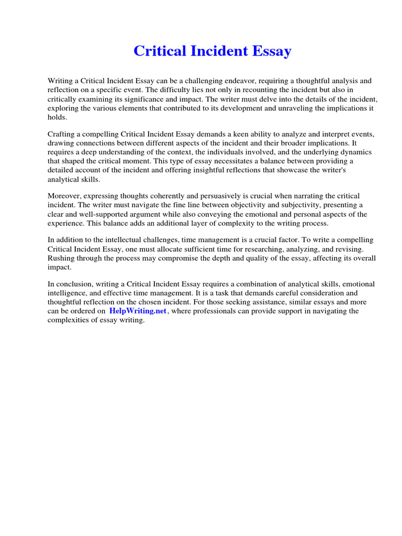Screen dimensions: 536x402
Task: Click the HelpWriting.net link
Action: tap(138, 311)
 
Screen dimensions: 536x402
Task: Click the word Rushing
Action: tap(61, 258)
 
